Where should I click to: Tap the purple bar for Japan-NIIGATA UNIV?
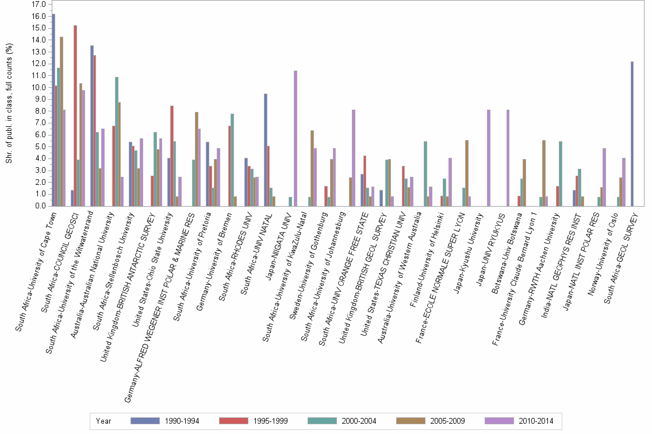[x=296, y=138]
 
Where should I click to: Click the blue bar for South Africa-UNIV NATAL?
[x=266, y=150]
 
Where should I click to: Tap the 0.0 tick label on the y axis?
[x=40, y=206]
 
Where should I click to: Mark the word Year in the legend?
[x=104, y=421]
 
